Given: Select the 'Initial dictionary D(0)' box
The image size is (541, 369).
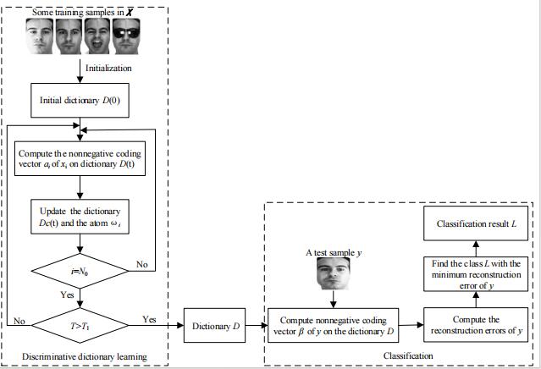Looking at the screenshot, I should (80, 100).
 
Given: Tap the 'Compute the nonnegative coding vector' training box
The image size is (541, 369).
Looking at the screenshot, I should (80, 161).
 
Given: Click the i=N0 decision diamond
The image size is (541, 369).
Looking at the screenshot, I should (79, 271).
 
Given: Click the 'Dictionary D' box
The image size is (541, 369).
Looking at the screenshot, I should (211, 325).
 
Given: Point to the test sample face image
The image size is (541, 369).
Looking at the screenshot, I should (332, 274).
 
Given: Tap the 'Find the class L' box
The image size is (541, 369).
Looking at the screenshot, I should (480, 275).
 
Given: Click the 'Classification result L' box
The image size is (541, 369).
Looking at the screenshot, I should (480, 223).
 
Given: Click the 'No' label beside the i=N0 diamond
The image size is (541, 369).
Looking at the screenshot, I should (142, 266).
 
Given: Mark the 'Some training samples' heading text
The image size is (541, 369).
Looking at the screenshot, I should (79, 10).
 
